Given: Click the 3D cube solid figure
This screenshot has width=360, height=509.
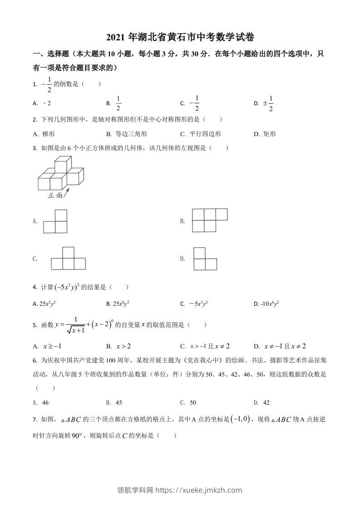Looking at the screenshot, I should (x=61, y=174).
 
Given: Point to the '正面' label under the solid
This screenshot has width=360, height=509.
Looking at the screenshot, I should (x=55, y=196).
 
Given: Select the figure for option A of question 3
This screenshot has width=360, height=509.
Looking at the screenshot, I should (x=55, y=221).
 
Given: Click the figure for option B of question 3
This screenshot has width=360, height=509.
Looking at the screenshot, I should (x=209, y=220).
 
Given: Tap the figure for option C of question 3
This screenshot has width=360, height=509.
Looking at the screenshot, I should (x=68, y=259).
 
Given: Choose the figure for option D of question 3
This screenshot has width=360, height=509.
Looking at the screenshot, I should (x=205, y=259).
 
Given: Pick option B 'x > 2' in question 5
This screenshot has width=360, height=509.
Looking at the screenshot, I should (x=123, y=346).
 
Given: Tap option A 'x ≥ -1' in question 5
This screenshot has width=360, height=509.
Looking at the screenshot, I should (x=52, y=346).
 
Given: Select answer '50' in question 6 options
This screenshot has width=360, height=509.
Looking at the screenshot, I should (x=192, y=402).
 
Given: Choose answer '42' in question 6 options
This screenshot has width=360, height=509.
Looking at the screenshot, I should (x=266, y=402).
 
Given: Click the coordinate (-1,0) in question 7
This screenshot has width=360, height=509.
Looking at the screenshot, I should (x=240, y=419).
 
